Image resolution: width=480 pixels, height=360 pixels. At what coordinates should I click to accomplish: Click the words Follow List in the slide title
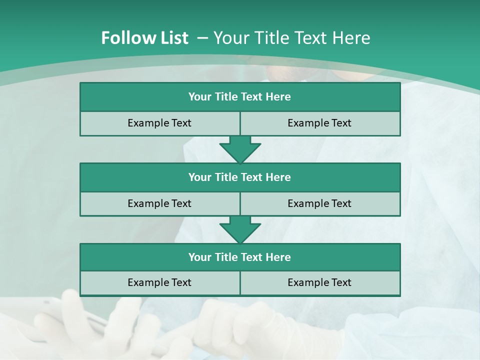click(x=144, y=38)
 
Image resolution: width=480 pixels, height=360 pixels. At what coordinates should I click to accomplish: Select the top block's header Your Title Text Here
click(x=239, y=97)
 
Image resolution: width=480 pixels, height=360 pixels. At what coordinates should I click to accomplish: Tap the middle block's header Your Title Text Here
click(x=239, y=177)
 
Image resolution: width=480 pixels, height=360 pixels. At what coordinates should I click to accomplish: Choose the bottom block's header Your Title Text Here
click(x=239, y=257)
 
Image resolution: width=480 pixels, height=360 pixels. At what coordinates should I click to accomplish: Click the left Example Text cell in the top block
click(x=159, y=123)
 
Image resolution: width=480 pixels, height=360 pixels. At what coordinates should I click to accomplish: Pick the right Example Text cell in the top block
click(x=319, y=123)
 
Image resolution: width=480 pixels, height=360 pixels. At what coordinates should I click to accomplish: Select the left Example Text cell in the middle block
click(x=159, y=203)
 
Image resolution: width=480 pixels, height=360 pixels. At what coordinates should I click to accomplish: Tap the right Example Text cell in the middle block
click(x=319, y=203)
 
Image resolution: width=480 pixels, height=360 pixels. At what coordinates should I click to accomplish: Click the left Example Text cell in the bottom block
click(x=159, y=282)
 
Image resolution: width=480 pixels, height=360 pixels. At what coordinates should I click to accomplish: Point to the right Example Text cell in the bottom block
click(x=319, y=282)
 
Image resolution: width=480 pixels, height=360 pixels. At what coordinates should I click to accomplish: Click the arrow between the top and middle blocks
click(x=240, y=149)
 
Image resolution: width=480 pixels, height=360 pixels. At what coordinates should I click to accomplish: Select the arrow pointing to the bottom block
click(x=240, y=230)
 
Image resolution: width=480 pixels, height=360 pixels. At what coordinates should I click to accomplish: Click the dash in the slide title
click(x=202, y=38)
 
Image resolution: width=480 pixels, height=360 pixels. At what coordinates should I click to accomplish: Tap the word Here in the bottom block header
click(x=278, y=257)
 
